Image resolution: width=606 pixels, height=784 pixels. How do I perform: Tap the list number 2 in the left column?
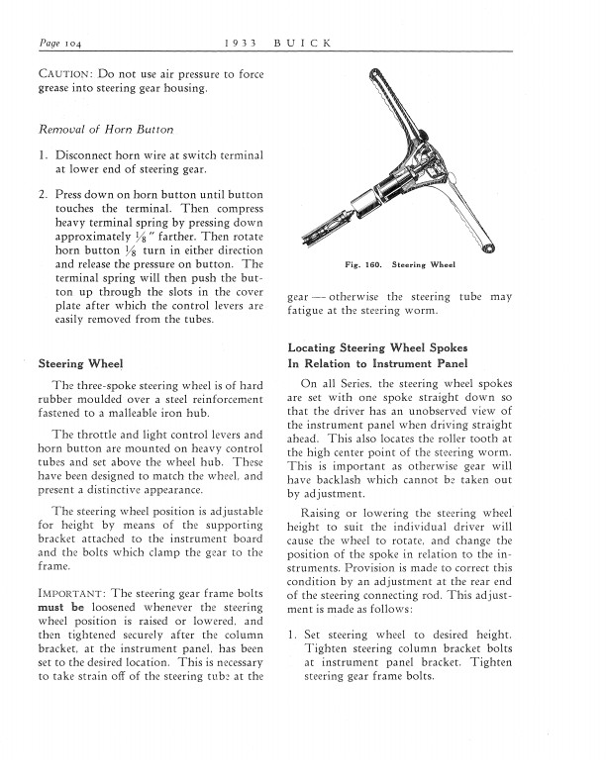[43, 195]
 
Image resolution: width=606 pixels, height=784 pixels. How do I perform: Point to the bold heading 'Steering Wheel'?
[80, 362]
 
